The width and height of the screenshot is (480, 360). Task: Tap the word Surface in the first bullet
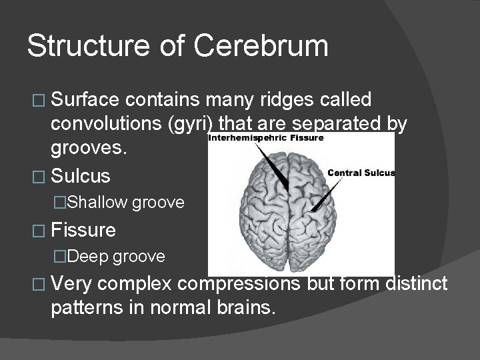(84, 100)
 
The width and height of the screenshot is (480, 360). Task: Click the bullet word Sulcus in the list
(81, 176)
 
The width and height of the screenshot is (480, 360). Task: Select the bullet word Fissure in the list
(83, 230)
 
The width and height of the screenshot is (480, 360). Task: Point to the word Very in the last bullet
(71, 284)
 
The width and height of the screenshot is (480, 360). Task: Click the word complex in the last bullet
(138, 284)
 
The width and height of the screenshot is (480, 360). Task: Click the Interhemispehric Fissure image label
(266, 138)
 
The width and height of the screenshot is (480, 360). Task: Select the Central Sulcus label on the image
(361, 173)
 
